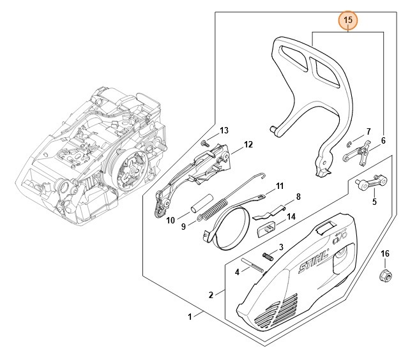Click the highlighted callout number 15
(348, 21)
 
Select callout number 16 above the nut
(385, 253)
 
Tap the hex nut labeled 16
(386, 276)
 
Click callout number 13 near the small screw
(224, 130)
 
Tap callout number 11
(278, 186)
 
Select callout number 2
(211, 294)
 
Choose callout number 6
(383, 140)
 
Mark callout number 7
(368, 131)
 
